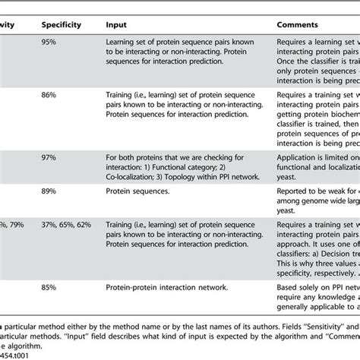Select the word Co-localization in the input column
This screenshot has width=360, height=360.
point(131,180)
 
